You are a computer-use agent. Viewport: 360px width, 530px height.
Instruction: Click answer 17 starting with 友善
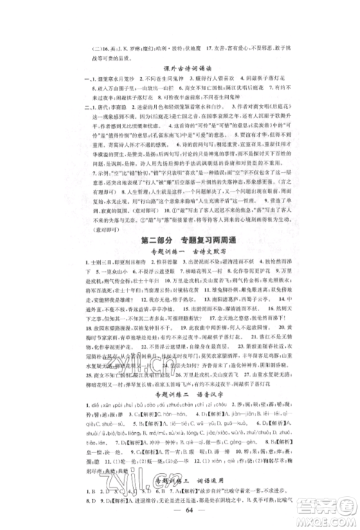tap(223, 32)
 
